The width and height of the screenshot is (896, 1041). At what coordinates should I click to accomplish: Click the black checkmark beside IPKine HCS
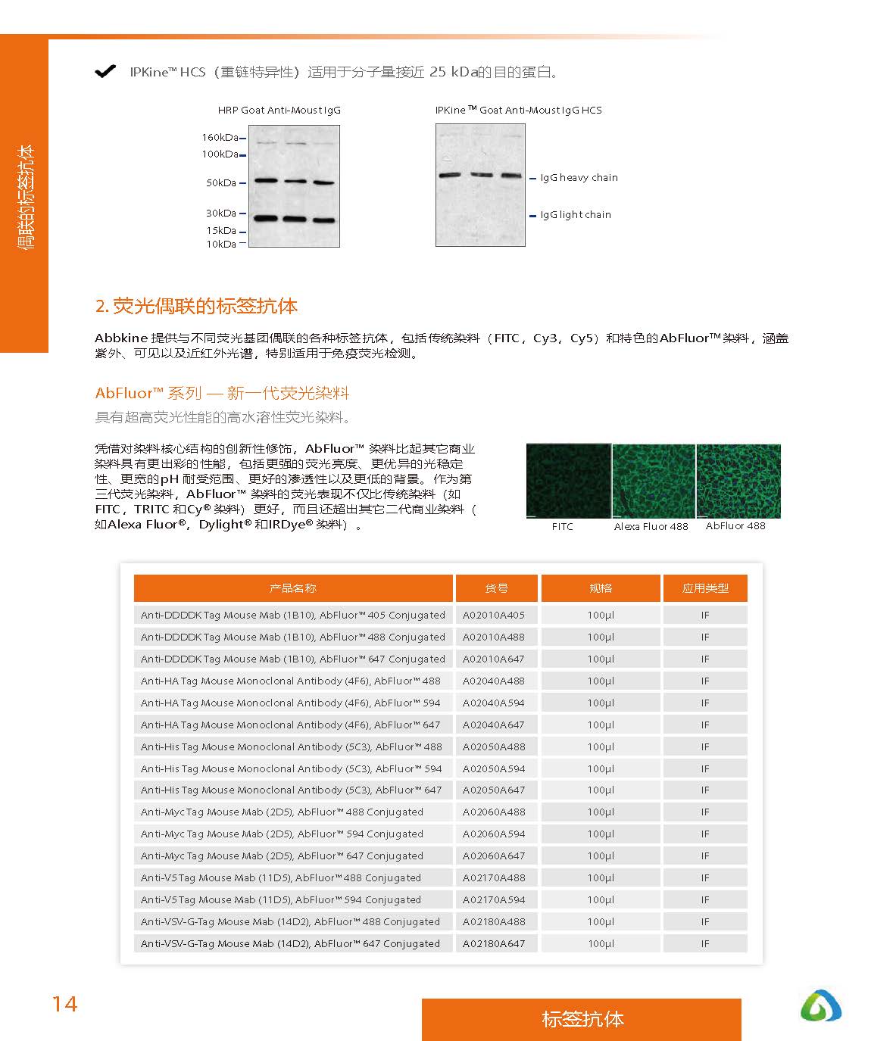tap(105, 72)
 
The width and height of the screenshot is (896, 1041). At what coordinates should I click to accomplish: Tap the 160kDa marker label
tap(220, 138)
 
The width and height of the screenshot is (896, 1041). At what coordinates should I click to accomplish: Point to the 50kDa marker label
tap(221, 183)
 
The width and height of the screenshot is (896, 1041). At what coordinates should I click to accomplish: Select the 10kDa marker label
tap(221, 245)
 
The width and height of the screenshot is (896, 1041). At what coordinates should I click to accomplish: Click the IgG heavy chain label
tap(579, 178)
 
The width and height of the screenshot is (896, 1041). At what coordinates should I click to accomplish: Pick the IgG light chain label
tap(575, 215)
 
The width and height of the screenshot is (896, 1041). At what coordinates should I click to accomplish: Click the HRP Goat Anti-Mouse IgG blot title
tap(279, 111)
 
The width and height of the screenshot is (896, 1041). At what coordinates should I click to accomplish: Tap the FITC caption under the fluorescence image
tap(562, 527)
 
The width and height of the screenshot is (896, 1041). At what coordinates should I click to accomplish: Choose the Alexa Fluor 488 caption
tap(651, 527)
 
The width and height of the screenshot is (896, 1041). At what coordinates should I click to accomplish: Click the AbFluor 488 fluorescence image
tap(738, 482)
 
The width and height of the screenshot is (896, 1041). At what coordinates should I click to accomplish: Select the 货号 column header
tap(496, 588)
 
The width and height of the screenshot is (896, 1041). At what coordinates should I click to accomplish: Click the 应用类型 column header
tap(705, 588)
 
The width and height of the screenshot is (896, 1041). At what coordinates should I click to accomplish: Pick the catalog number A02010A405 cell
tap(494, 616)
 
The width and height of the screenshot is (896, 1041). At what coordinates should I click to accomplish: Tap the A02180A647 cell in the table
tap(494, 944)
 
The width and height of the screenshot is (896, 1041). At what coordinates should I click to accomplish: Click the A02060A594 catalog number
tap(494, 834)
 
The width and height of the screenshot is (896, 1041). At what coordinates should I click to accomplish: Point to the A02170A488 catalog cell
tap(494, 878)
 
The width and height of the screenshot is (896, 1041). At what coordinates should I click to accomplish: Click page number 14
tap(64, 1004)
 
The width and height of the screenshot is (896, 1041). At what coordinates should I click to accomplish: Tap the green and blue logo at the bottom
tap(821, 1006)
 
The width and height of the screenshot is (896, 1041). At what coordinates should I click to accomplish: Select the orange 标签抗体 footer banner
tap(582, 1019)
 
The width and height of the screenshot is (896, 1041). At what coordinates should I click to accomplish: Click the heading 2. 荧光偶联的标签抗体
tap(197, 307)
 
